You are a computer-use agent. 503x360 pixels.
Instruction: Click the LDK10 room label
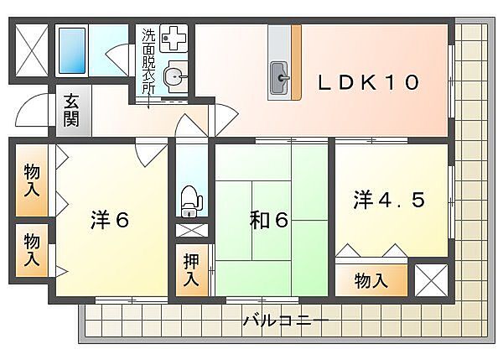368,82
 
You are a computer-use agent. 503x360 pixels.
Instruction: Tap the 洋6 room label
110,220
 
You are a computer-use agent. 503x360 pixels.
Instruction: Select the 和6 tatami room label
269,221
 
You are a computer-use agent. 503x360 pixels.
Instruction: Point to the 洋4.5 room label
389,200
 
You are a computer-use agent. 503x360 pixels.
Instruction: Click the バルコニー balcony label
286,321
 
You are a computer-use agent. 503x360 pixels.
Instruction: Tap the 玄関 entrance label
71,110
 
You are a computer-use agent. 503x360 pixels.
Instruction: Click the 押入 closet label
191,270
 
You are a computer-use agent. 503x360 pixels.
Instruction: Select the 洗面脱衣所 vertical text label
148,61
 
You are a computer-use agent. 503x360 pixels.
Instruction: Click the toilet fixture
190,201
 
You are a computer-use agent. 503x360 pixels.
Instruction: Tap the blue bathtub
72,50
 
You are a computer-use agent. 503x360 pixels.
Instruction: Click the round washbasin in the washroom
175,76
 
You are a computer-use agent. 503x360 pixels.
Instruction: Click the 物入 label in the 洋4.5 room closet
371,280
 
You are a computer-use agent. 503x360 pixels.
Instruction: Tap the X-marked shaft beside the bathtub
32,50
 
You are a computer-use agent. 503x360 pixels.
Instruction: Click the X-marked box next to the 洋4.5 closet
431,280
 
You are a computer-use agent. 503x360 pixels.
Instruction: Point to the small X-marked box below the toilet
192,230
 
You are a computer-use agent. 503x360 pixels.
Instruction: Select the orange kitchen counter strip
297,62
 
